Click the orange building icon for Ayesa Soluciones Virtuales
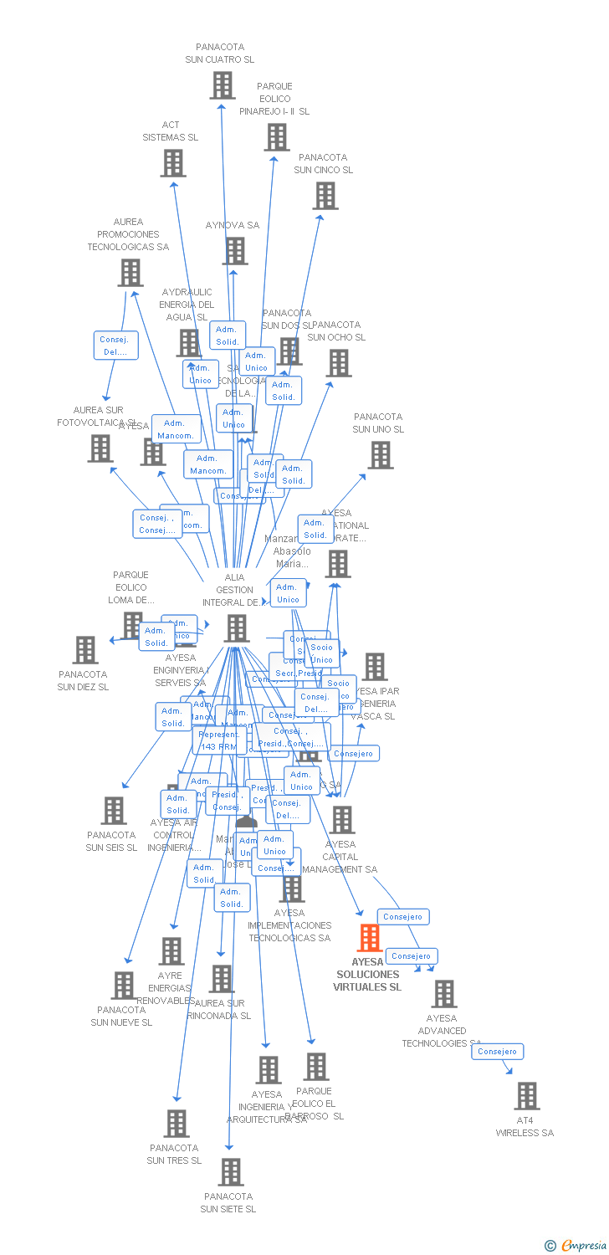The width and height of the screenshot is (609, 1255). click(370, 938)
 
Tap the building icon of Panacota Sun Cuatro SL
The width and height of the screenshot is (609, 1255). click(223, 85)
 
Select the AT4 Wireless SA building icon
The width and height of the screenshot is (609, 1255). click(527, 1096)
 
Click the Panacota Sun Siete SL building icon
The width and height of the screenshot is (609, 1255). click(231, 1172)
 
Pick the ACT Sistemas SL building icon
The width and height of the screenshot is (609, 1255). click(173, 163)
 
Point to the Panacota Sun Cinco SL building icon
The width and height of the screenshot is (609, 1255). click(325, 196)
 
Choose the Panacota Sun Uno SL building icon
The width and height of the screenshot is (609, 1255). click(381, 455)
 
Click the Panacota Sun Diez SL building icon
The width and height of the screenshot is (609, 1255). click(85, 650)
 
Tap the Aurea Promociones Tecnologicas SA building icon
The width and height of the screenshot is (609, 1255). click(130, 273)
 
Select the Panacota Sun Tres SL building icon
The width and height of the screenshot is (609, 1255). click(177, 1124)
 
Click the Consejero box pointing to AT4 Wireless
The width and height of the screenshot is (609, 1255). click(497, 1052)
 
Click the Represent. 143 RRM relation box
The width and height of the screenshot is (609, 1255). click(218, 740)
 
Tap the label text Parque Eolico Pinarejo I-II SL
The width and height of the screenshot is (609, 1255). click(274, 99)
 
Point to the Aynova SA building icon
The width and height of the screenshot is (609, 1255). click(235, 251)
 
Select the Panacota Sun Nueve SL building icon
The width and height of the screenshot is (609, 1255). click(124, 986)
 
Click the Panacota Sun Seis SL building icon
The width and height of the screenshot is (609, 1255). click(114, 811)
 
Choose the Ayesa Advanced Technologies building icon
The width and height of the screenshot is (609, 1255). click(444, 994)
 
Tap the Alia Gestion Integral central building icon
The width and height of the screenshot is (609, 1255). click(237, 628)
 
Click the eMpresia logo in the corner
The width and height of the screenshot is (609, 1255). click(576, 1246)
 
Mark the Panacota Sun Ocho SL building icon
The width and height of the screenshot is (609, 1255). click(339, 363)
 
